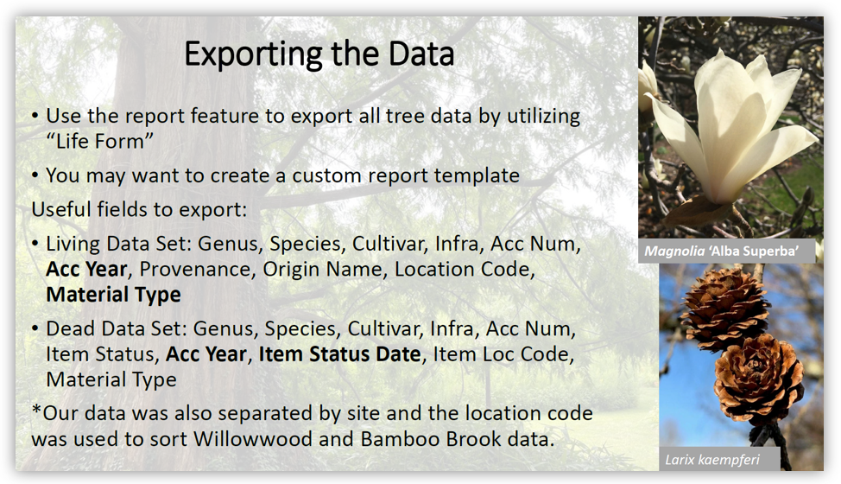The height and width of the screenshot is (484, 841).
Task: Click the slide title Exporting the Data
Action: tap(319, 54)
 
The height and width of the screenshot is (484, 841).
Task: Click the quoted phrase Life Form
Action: tap(100, 141)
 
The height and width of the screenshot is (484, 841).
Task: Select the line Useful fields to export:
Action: tap(140, 209)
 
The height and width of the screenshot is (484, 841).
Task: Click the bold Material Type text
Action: tap(114, 295)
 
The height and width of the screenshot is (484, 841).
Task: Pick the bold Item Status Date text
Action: tap(339, 354)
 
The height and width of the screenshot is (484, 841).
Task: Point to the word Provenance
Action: tap(195, 269)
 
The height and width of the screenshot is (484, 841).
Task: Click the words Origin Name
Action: tap(325, 269)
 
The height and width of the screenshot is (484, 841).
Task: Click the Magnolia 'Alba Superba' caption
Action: tap(721, 252)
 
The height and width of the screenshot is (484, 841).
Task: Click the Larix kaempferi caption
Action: tap(712, 460)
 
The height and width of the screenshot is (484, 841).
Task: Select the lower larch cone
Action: tap(758, 379)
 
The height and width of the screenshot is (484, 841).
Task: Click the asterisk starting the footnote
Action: tap(36, 411)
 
